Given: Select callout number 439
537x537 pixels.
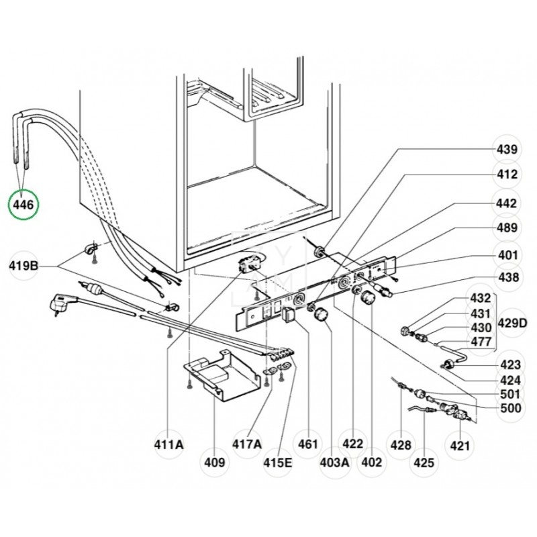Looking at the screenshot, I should pos(506,149).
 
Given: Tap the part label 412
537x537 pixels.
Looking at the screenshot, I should pos(506,175).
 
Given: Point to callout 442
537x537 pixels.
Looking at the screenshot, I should pos(506,203).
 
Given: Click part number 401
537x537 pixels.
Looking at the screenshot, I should pos(507,254).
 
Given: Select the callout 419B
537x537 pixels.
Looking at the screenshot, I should pos(25,266).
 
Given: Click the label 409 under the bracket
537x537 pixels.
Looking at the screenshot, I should pos(216,462).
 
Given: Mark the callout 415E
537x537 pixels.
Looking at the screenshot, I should pos(277,462).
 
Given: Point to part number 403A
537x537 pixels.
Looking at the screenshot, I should pos(334,462).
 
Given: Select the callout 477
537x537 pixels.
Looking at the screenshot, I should pos(480,340).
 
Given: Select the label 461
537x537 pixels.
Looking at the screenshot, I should pos(307,444).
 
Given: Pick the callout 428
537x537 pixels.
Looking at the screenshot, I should pos(401,444).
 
